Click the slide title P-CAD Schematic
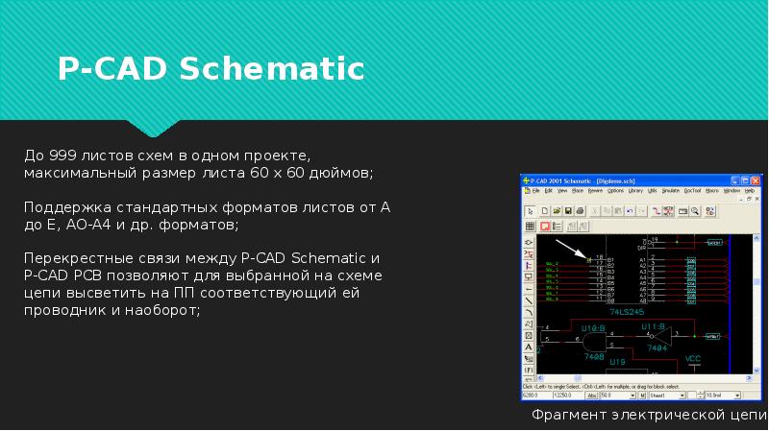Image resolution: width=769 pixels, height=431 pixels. (x=211, y=69)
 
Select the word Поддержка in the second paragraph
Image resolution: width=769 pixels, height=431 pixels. (x=61, y=207)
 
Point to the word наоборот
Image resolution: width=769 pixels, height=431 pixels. (x=161, y=311)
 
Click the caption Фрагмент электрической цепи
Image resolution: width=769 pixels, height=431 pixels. (x=649, y=417)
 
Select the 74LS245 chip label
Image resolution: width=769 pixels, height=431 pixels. (x=627, y=312)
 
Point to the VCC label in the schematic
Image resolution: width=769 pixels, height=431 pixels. (x=693, y=359)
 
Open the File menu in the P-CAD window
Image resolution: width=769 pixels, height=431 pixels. (x=536, y=191)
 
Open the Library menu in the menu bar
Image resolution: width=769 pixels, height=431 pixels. (x=636, y=191)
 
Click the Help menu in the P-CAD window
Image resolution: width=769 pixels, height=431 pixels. (x=749, y=191)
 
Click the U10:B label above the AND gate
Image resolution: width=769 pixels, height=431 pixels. (x=592, y=326)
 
